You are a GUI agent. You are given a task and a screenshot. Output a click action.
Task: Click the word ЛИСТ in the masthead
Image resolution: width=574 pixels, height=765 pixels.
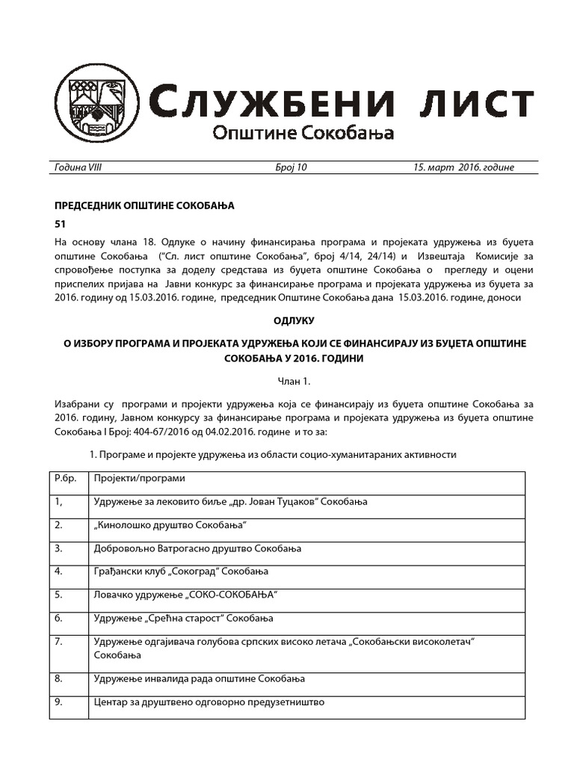[471, 103]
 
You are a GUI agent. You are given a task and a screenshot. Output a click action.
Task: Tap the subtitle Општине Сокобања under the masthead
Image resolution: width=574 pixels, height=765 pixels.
[303, 134]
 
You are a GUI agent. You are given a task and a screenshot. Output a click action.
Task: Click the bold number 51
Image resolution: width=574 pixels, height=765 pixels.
[61, 223]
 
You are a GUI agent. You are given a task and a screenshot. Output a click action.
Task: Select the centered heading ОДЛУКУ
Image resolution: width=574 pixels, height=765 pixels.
[297, 320]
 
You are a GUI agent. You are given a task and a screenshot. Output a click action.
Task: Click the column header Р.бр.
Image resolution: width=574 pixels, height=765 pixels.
[66, 478]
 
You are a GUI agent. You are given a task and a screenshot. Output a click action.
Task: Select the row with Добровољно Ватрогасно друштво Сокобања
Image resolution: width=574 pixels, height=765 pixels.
[197, 548]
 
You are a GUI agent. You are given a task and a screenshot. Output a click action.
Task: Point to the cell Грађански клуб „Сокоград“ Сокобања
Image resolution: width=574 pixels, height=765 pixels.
[181, 572]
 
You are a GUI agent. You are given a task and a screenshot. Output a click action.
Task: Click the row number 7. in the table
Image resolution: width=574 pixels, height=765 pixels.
[59, 642]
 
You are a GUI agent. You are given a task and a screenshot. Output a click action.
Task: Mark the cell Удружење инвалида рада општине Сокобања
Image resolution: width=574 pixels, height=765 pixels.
[200, 679]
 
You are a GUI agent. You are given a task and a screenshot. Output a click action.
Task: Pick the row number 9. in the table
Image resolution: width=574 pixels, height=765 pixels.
[59, 702]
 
